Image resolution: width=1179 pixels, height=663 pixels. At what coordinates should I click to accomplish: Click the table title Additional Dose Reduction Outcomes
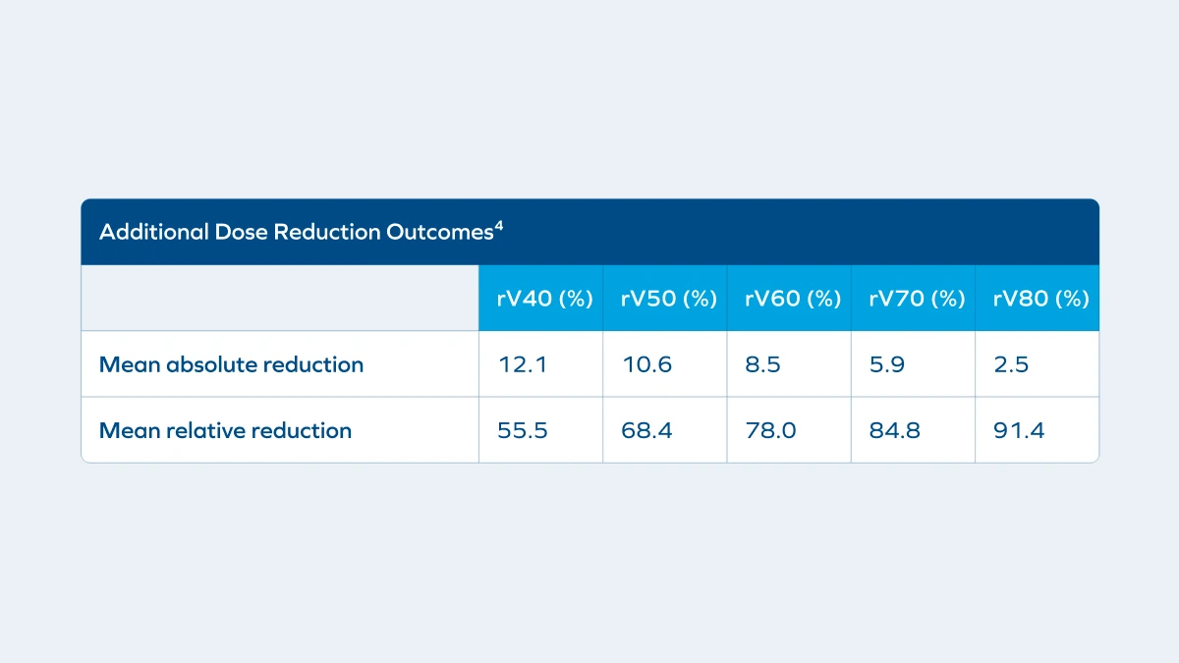coord(295,233)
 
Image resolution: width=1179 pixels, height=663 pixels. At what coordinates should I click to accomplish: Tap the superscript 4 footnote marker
coord(499,226)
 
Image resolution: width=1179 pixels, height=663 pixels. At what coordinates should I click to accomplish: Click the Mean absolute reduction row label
coord(231,364)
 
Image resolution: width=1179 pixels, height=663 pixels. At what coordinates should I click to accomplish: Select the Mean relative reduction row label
coord(225,430)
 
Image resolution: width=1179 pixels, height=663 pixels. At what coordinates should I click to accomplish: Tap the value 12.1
coord(523,364)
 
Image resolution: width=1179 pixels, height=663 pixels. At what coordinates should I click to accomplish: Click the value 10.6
coord(646,364)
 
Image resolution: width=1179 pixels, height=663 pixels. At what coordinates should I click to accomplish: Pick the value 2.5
coord(1011,364)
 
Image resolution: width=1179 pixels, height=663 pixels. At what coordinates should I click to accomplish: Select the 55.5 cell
coord(524,430)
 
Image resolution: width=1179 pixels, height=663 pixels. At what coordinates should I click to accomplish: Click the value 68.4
coord(647,430)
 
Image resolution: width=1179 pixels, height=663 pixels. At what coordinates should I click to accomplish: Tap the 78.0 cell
coord(771,430)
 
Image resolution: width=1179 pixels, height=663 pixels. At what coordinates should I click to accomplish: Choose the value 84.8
coord(895,430)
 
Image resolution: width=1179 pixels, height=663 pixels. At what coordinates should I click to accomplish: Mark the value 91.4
coord(1019,430)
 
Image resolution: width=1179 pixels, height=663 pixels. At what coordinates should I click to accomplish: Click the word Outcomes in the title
coord(444,233)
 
